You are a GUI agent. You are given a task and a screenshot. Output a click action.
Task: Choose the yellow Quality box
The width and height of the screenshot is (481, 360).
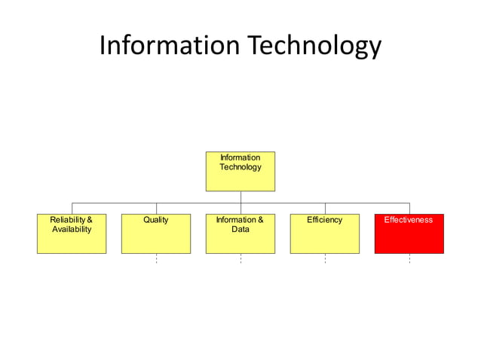coord(156,240)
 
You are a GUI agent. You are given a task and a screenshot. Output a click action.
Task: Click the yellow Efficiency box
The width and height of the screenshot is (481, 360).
coord(325,240)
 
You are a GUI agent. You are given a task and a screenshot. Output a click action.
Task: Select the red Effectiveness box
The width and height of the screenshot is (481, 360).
coord(409,240)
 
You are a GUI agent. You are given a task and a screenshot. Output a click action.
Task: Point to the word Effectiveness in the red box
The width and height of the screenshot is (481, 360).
coord(409,220)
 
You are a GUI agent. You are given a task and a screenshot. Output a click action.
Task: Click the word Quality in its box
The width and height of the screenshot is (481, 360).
coord(156,220)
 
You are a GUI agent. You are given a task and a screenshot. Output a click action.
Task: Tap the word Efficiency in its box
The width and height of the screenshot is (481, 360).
coord(325,220)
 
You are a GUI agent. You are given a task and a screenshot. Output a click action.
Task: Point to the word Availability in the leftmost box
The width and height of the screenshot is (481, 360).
coord(72,229)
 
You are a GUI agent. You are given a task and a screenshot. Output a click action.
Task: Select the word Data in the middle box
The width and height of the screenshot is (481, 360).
coord(240,229)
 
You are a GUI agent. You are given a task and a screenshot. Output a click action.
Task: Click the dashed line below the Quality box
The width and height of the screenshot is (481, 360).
coord(156,258)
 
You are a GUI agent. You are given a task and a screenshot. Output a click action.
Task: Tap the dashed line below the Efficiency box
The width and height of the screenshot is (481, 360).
coord(325,258)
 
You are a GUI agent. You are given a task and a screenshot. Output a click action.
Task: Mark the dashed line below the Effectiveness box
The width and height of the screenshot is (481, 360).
coord(409,258)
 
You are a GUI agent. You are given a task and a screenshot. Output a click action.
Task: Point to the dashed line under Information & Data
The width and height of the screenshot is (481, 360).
coord(240,258)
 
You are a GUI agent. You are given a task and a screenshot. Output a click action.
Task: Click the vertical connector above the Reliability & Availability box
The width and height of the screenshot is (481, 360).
coord(72,209)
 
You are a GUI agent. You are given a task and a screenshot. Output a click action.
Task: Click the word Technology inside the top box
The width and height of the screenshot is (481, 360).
coord(240,166)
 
